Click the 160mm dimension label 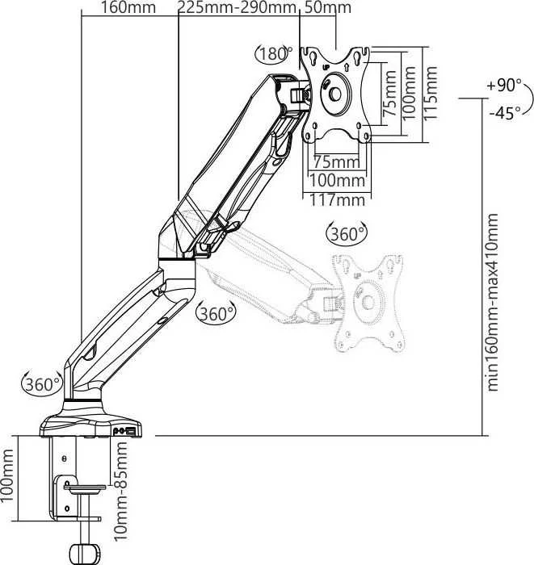coord(128,7)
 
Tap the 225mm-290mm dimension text coord(237,7)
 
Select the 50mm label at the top coord(327,7)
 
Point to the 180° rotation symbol coord(273,54)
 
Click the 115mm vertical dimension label coord(430,94)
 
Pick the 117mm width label coord(337,200)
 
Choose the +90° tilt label coord(504,86)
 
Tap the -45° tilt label coord(505,113)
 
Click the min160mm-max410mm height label coord(493,303)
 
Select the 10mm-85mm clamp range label coord(121,491)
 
